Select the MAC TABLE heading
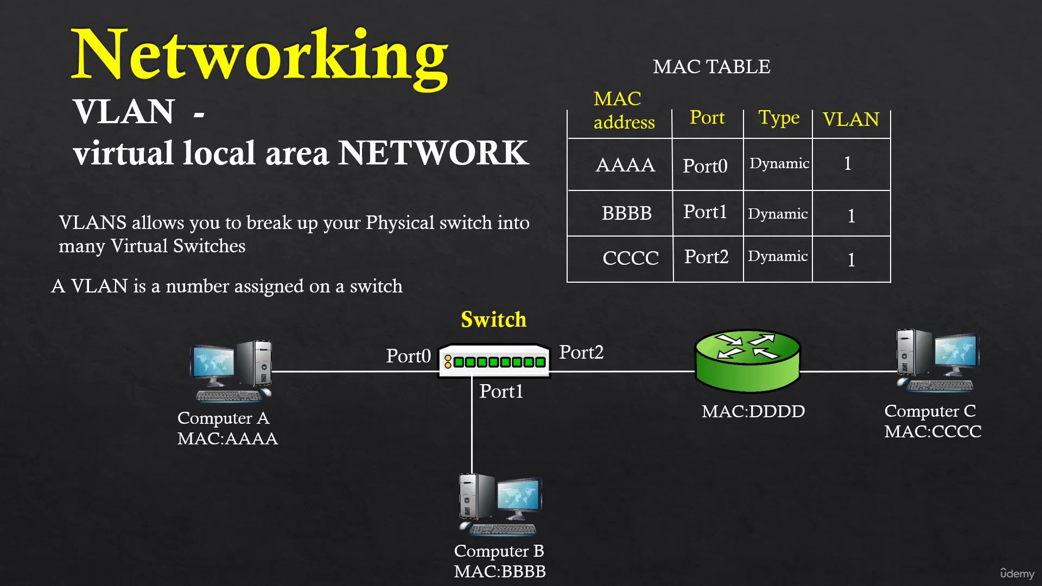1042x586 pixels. (711, 67)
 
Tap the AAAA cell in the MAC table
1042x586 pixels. (625, 165)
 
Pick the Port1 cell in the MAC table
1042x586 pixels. (705, 212)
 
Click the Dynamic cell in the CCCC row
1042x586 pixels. (778, 257)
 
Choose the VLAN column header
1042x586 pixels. (850, 119)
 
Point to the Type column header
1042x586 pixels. (779, 117)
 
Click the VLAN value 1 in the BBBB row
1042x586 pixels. (851, 216)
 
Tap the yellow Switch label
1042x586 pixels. (493, 320)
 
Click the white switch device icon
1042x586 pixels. (494, 361)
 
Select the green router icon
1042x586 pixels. (748, 360)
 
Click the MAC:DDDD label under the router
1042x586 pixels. (753, 411)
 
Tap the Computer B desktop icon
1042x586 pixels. (500, 505)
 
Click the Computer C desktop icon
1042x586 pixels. (938, 361)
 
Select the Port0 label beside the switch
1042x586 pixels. (408, 356)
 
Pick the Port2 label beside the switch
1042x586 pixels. (581, 352)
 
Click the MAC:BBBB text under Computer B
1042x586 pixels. (500, 571)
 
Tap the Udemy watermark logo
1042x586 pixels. (1017, 574)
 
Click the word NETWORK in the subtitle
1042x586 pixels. (433, 153)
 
